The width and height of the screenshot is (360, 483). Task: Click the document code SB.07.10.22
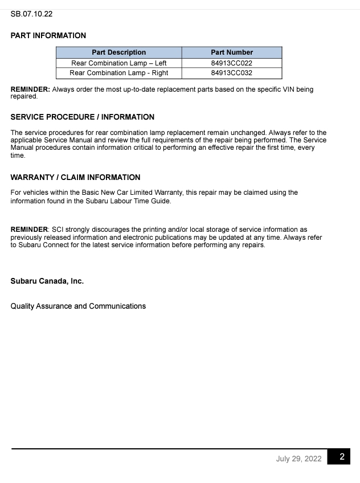(31, 14)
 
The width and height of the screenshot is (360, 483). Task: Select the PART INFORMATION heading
(48, 35)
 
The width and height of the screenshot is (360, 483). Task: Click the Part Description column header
(118, 52)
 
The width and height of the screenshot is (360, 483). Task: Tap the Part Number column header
(231, 52)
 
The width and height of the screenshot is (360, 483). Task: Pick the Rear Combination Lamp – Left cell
(118, 63)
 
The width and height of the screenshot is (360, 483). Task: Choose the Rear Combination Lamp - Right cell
(118, 73)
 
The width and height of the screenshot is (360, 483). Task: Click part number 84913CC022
(231, 63)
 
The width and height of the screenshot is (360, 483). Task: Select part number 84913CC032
(231, 73)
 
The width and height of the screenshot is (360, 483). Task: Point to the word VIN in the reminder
(282, 90)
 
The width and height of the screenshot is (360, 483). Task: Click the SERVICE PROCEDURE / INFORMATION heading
(82, 117)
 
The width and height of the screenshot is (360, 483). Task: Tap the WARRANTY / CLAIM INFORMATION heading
(75, 177)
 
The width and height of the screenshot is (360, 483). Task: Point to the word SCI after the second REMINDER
(58, 230)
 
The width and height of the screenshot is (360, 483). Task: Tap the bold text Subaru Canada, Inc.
(47, 281)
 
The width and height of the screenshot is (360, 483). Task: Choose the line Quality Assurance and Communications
(78, 306)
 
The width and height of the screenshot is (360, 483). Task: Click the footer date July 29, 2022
(298, 459)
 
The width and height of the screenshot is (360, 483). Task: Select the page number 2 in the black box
(341, 457)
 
